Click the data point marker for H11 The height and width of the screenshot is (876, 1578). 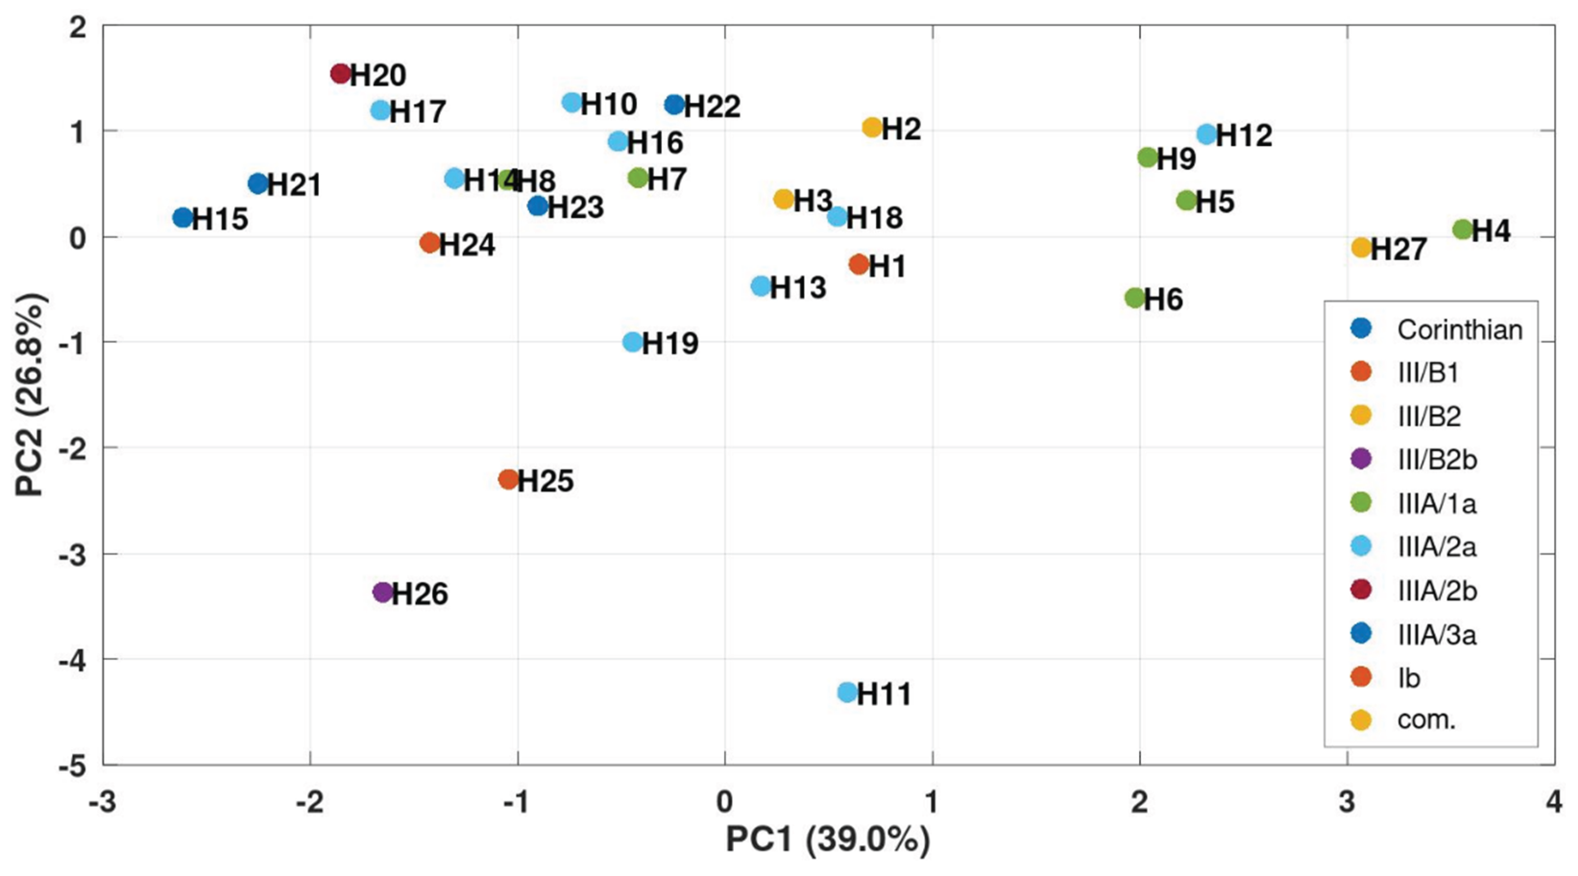coord(847,692)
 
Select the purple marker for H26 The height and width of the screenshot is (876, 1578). coord(383,592)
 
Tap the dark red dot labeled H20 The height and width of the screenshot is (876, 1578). coord(340,73)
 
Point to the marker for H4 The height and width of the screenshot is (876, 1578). coord(1463,230)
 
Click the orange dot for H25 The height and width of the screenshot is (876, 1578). coord(509,479)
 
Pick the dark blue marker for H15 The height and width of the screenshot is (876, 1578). coord(182,218)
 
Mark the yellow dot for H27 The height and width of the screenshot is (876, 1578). coord(1361,247)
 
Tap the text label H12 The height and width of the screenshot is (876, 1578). coord(1244,135)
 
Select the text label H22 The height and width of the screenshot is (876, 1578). coord(712,107)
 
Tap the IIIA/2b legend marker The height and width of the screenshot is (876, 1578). coord(1361,589)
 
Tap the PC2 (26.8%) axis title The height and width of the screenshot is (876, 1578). coord(31,395)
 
